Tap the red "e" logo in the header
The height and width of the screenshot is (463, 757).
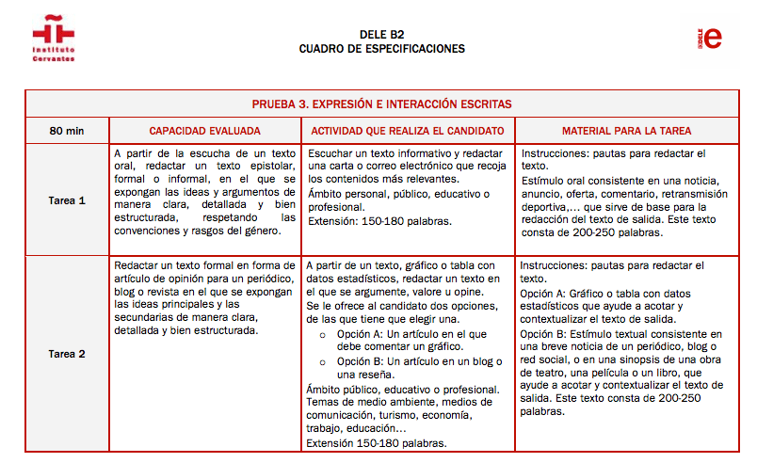click(713, 38)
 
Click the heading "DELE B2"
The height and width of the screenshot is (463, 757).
click(381, 34)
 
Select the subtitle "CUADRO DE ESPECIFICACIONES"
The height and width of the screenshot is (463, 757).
click(381, 49)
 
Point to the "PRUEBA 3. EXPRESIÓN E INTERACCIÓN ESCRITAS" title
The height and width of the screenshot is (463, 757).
click(381, 104)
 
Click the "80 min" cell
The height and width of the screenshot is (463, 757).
click(67, 131)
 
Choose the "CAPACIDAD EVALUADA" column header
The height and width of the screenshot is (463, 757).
click(205, 131)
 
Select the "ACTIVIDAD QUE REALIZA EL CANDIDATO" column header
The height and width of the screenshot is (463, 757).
click(408, 131)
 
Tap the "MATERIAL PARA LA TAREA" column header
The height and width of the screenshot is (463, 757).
click(626, 131)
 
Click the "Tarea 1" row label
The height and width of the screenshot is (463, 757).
click(67, 200)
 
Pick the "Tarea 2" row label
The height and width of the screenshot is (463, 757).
click(67, 354)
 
